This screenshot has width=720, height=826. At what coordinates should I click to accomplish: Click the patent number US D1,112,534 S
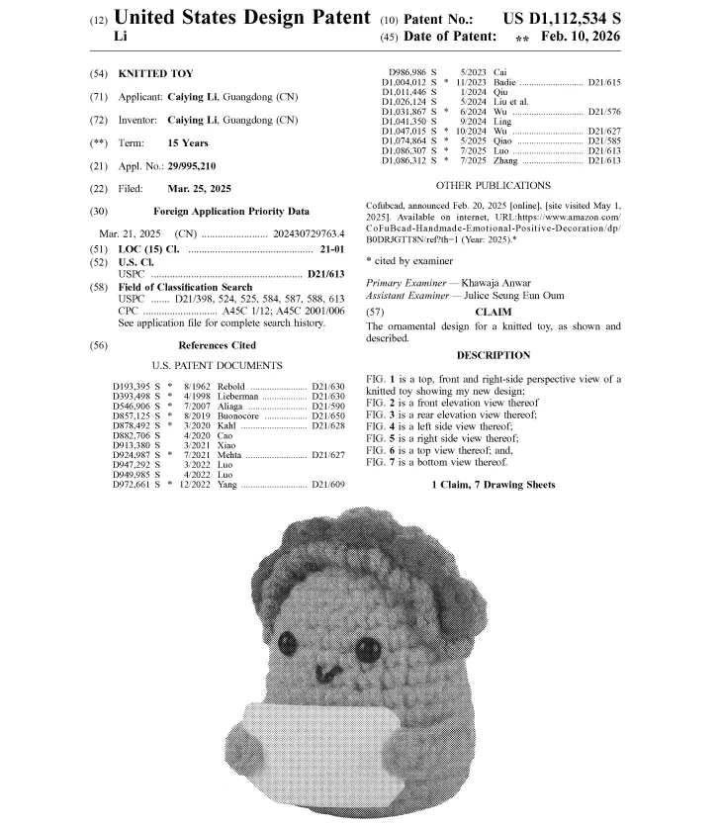(x=562, y=19)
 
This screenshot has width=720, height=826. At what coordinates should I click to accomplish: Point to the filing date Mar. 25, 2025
(x=206, y=189)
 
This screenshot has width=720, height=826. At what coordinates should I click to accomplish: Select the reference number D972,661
(x=131, y=486)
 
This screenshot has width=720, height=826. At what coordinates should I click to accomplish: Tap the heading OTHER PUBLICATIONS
(x=506, y=185)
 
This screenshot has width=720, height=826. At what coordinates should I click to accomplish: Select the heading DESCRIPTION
(x=493, y=355)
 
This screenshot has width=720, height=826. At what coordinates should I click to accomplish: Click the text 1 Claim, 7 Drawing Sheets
(x=493, y=484)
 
